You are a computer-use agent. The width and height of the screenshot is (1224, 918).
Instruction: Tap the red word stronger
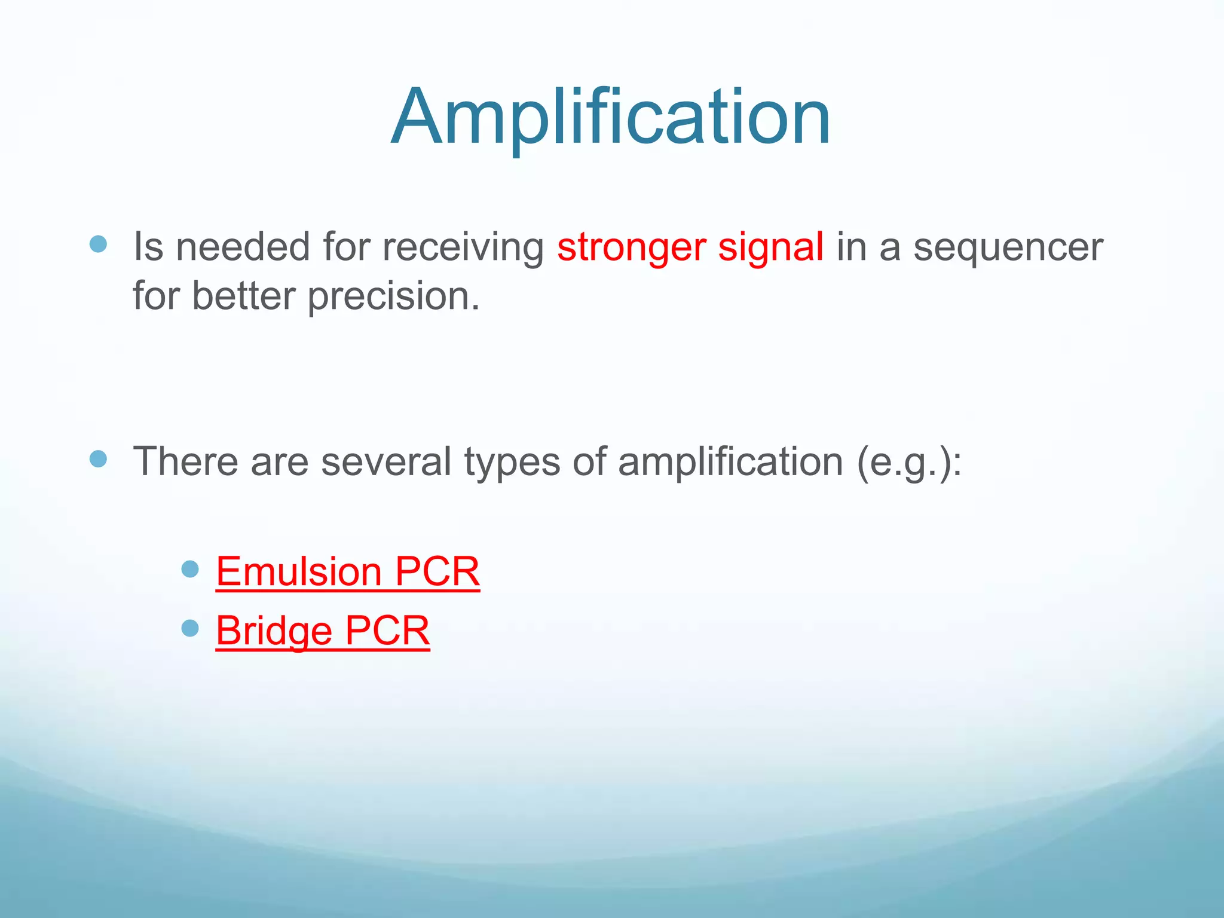pyautogui.click(x=631, y=247)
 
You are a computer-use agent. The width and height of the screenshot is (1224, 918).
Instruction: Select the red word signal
pyautogui.click(x=770, y=247)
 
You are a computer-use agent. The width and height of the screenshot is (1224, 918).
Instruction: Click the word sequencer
pyautogui.click(x=1008, y=247)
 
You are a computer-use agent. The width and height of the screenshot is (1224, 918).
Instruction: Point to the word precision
pyautogui.click(x=393, y=296)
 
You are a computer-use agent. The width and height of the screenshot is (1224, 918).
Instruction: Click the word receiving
pyautogui.click(x=463, y=247)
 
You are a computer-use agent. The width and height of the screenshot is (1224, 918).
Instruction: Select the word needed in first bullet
pyautogui.click(x=243, y=247)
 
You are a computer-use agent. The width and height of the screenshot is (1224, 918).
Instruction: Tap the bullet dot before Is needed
pyautogui.click(x=98, y=244)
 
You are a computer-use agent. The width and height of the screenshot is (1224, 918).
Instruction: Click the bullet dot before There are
pyautogui.click(x=98, y=459)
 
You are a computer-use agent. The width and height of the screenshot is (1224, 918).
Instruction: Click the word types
pyautogui.click(x=512, y=461)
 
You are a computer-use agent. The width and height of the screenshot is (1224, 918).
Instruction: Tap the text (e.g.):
pyautogui.click(x=909, y=461)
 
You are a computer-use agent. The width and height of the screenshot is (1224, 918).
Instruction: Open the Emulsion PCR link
pyautogui.click(x=347, y=571)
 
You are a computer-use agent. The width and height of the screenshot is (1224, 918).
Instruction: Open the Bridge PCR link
pyautogui.click(x=323, y=631)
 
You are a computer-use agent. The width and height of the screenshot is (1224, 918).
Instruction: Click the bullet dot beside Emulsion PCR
pyautogui.click(x=189, y=569)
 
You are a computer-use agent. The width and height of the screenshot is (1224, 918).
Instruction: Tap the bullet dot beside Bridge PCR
pyautogui.click(x=189, y=628)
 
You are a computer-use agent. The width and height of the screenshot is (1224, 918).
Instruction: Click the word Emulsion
pyautogui.click(x=298, y=571)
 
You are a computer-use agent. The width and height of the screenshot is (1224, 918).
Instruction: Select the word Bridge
pyautogui.click(x=274, y=631)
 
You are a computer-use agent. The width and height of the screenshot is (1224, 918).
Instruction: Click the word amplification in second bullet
pyautogui.click(x=730, y=461)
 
